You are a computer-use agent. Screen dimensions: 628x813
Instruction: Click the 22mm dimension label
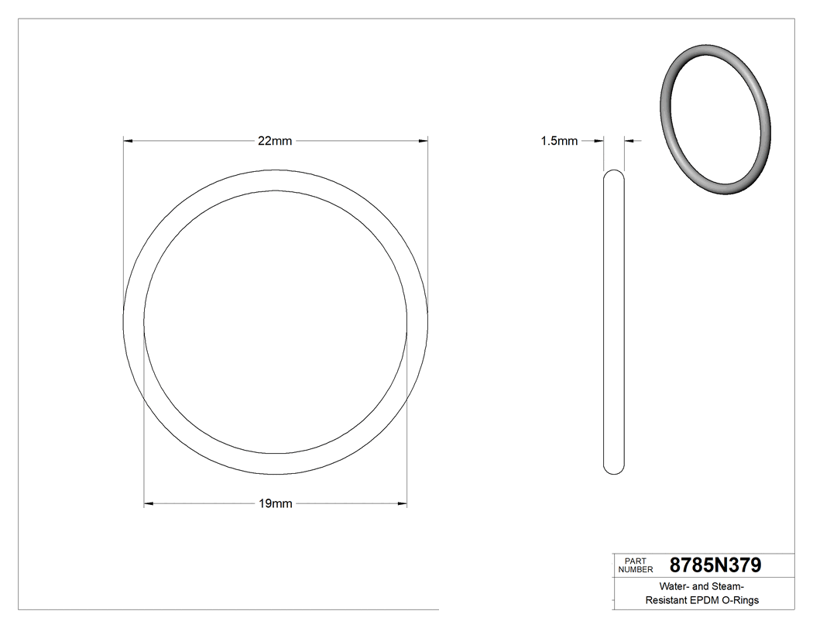coord(275,141)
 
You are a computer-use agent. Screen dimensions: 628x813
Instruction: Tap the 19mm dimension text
coord(275,504)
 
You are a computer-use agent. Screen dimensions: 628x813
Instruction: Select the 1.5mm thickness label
coord(559,141)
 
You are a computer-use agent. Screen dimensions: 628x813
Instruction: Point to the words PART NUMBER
coord(636,565)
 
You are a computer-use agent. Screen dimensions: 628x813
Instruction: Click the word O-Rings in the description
coord(741,600)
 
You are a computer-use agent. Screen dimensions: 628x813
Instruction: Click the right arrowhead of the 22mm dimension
coord(423,141)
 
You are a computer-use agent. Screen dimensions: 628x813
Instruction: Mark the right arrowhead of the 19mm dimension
coord(403,504)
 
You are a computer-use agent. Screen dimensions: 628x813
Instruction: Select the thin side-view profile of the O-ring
coord(613,321)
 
